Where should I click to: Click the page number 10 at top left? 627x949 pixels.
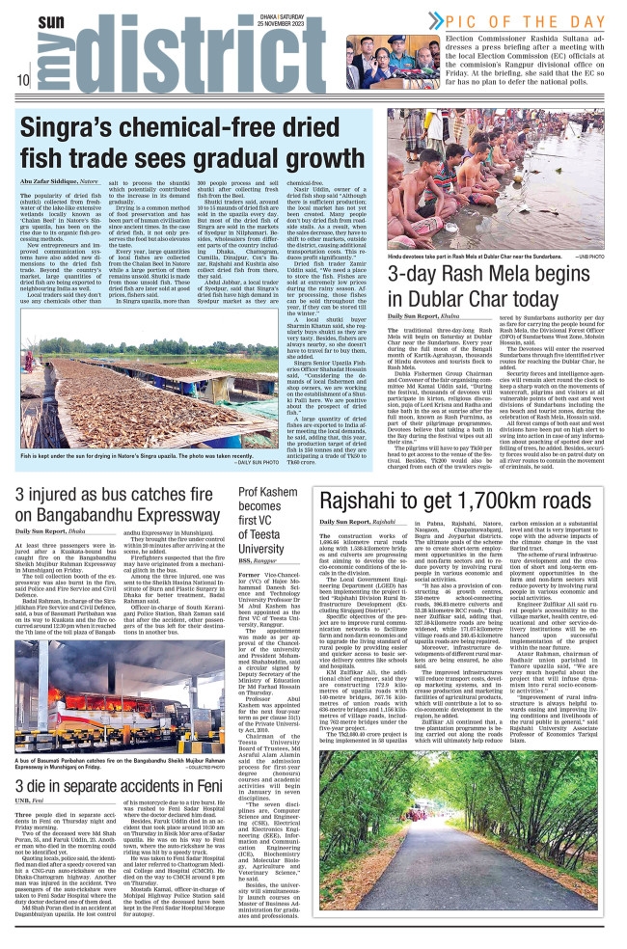[20, 79]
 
